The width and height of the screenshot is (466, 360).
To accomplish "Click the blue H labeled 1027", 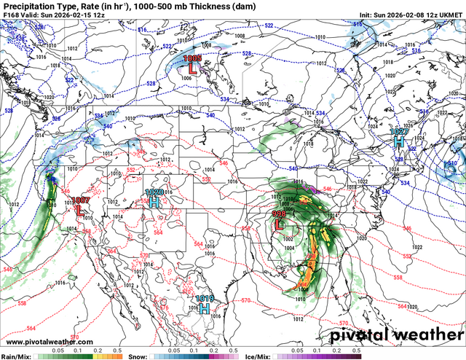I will [398, 142].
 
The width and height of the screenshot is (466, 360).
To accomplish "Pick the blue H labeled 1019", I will [205, 308].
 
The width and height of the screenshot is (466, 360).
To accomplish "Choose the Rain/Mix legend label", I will [15, 356].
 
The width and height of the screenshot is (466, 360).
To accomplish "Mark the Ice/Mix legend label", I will [263, 356].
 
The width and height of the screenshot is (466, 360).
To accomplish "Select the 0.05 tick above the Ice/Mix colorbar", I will [299, 350].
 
